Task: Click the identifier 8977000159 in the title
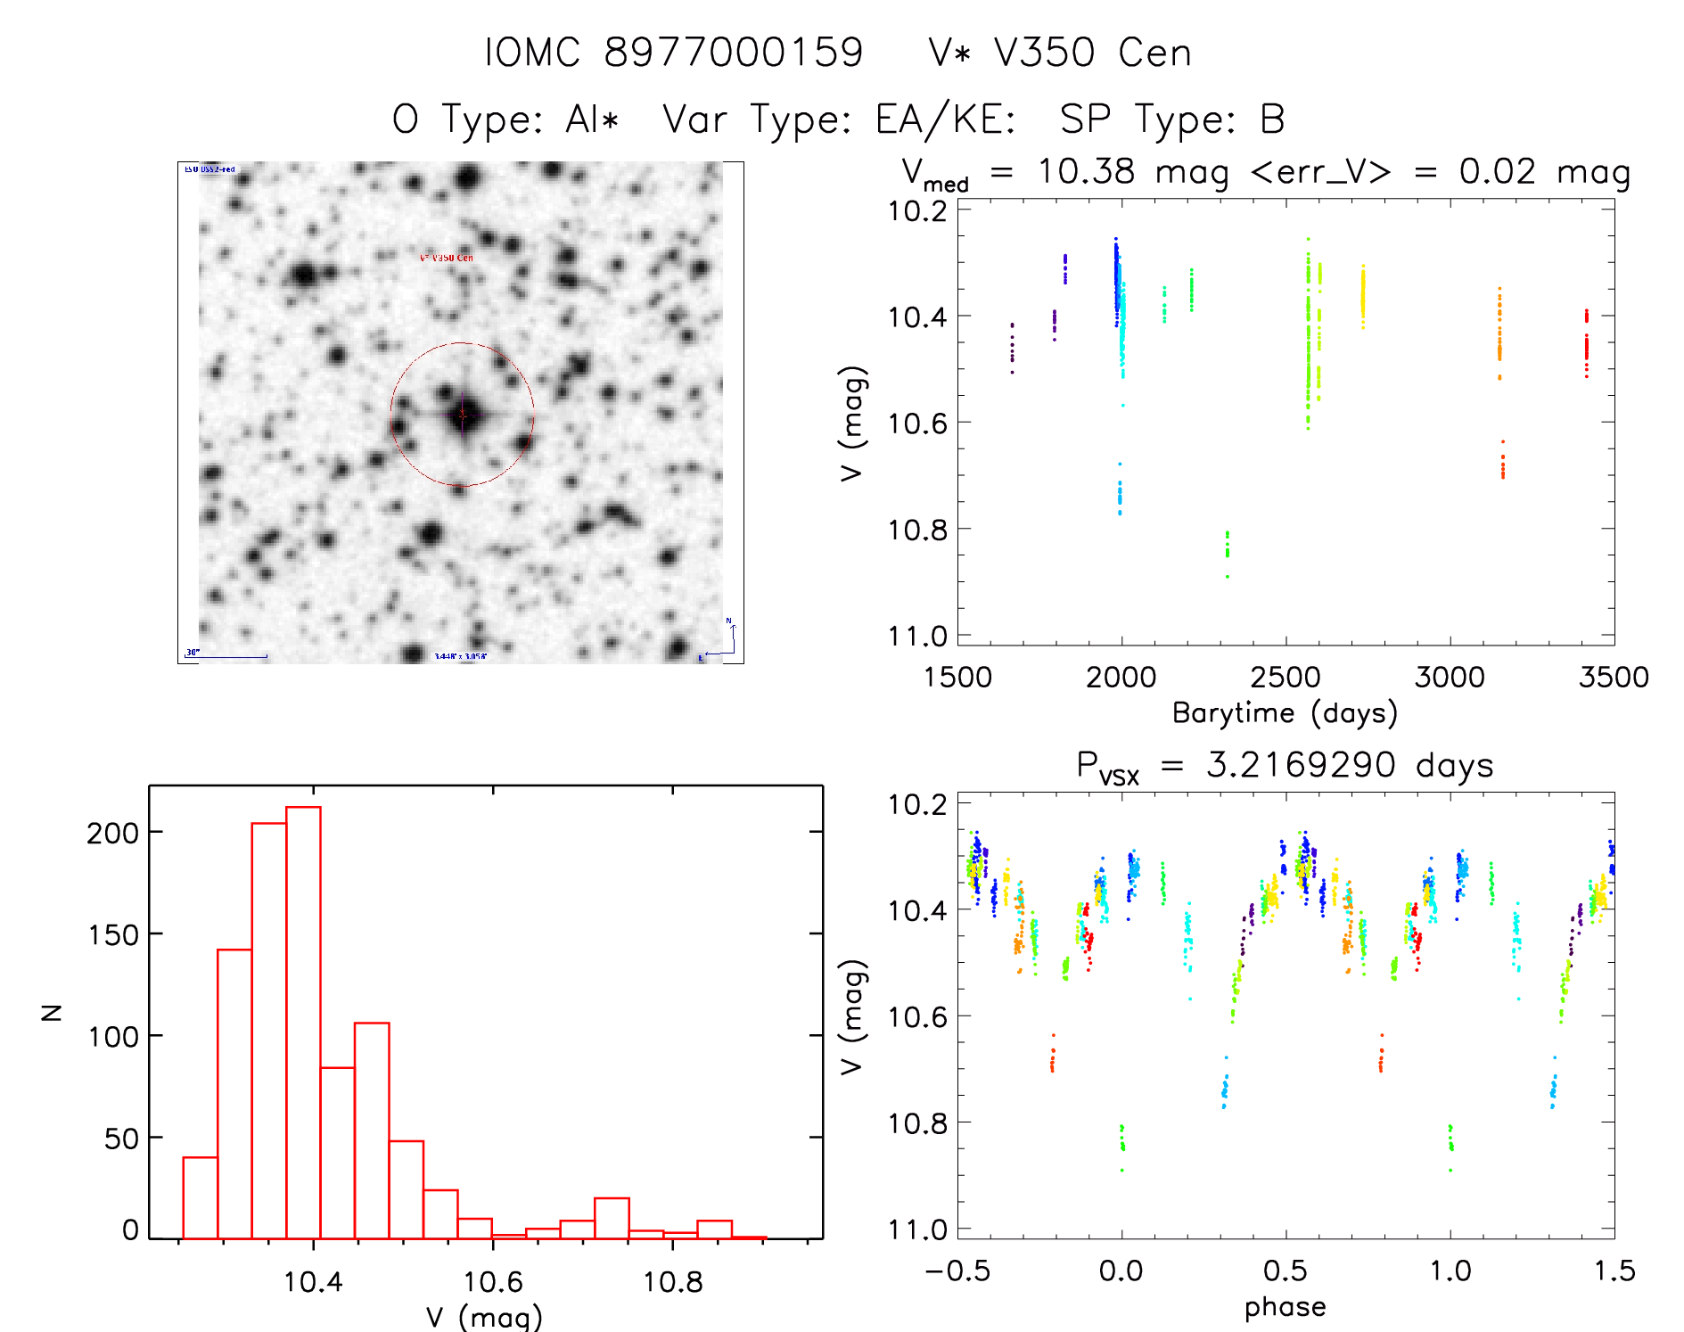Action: (734, 53)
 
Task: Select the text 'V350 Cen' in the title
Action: (1093, 53)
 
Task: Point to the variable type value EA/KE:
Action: (946, 119)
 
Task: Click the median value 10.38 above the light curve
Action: (1086, 171)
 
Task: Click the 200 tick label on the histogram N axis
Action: (113, 833)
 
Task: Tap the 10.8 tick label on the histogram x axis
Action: (672, 1282)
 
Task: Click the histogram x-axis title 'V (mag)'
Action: (484, 1317)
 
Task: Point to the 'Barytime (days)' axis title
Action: (1285, 713)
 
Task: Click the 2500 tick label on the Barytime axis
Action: (1286, 677)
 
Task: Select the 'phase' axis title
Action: (1285, 1307)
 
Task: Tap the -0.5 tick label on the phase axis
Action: (957, 1270)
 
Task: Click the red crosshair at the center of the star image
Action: (462, 415)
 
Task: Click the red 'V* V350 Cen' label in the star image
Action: (447, 258)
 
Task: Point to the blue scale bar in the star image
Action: (226, 657)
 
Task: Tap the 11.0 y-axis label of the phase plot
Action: (917, 1229)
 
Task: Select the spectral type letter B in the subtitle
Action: (1272, 119)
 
